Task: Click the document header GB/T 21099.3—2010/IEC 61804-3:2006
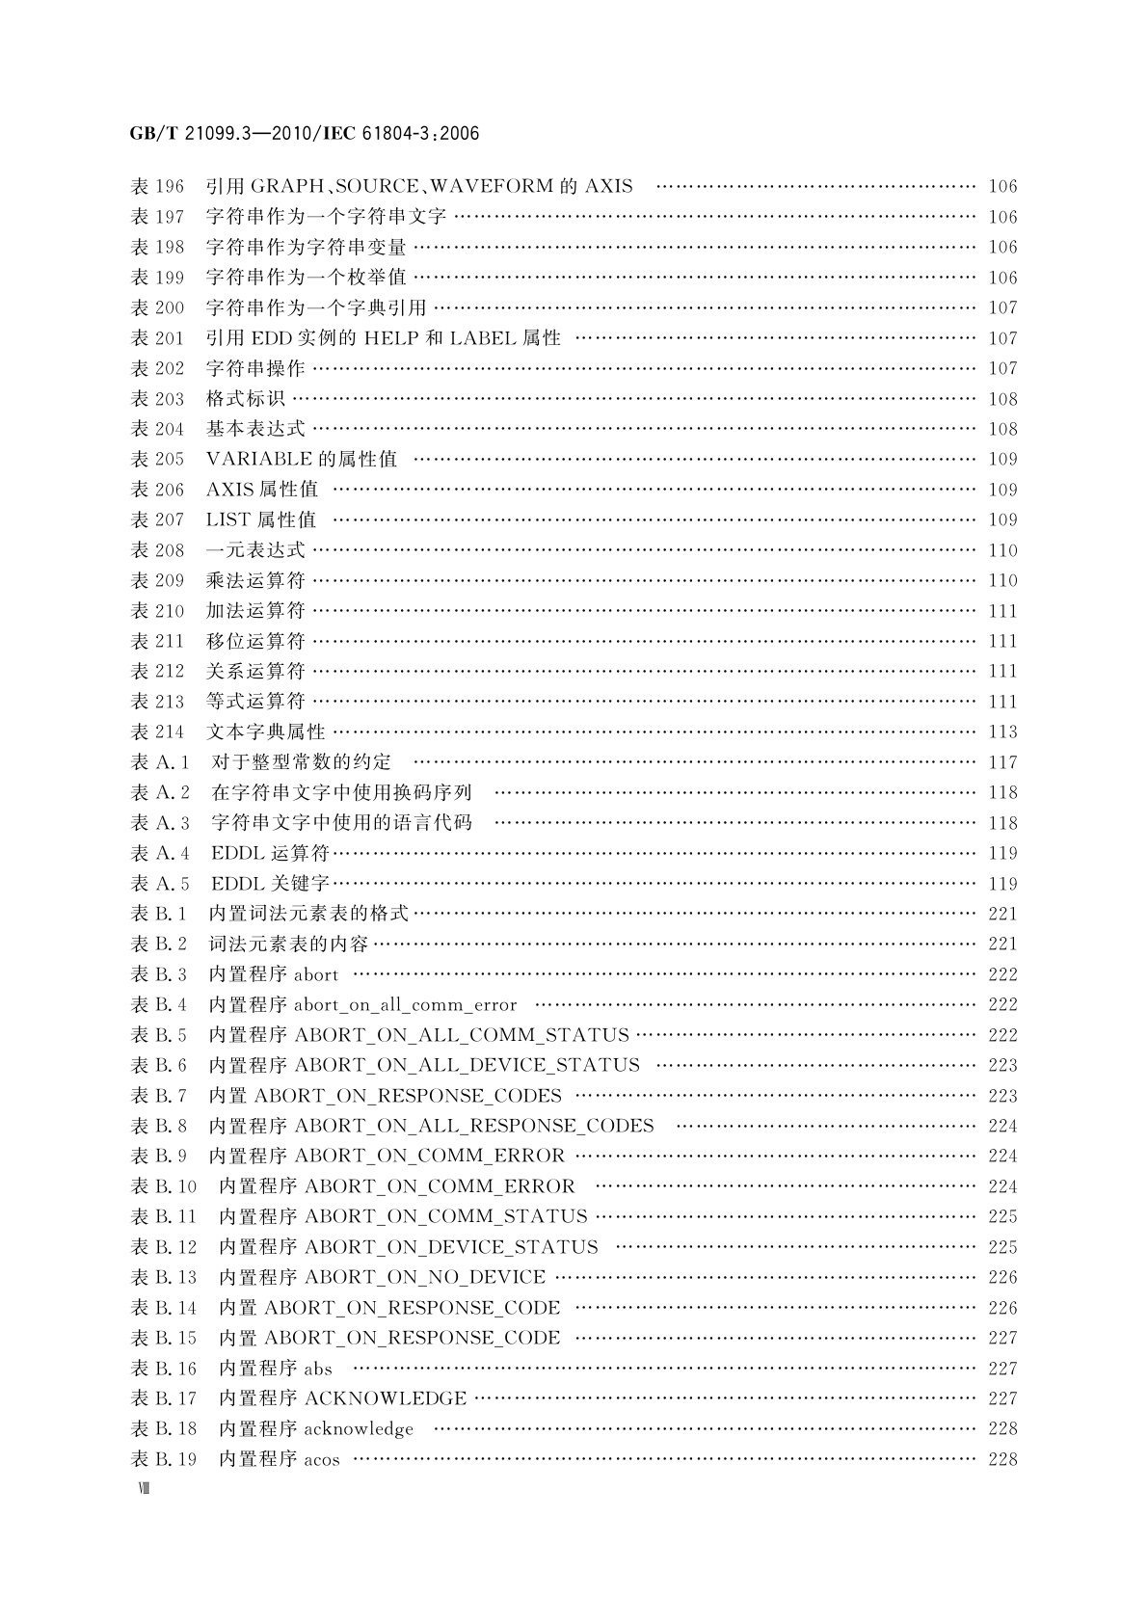[304, 133]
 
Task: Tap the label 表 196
[156, 186]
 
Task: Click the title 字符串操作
[254, 368]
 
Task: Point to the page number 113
[1002, 732]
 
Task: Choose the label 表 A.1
[160, 762]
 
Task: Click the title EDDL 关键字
[270, 884]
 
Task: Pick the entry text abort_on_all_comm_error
[405, 1005]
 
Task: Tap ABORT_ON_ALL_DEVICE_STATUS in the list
[467, 1065]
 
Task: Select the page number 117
[1002, 762]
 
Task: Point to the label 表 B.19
[163, 1459]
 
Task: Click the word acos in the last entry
[322, 1460]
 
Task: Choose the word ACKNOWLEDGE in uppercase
[386, 1398]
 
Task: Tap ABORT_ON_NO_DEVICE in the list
[425, 1277]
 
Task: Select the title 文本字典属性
[265, 732]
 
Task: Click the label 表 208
[156, 550]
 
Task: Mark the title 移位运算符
[254, 641]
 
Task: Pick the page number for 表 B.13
[1002, 1277]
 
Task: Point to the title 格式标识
[245, 399]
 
